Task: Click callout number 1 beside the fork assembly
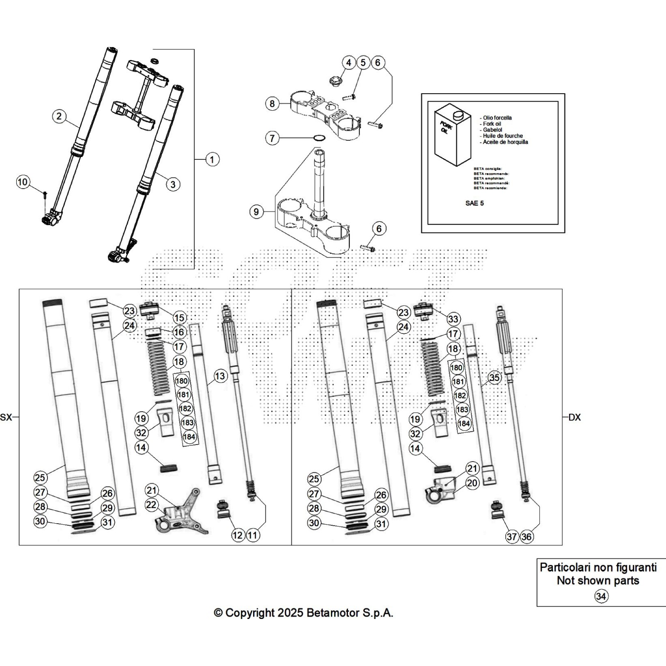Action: (212, 159)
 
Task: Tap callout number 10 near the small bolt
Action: (23, 182)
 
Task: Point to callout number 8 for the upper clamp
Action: (272, 103)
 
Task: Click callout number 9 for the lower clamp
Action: (256, 212)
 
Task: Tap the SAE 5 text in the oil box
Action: (474, 204)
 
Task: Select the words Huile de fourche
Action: (502, 136)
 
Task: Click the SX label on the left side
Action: (6, 417)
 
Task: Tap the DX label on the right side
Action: (574, 417)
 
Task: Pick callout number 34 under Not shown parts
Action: (601, 596)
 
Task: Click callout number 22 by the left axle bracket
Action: (152, 505)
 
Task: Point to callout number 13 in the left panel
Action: (220, 376)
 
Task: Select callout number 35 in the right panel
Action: (494, 378)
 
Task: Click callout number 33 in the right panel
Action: (453, 319)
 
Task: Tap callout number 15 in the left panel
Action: (179, 318)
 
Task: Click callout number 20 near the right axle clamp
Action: (472, 483)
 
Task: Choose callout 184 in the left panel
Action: (189, 437)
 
